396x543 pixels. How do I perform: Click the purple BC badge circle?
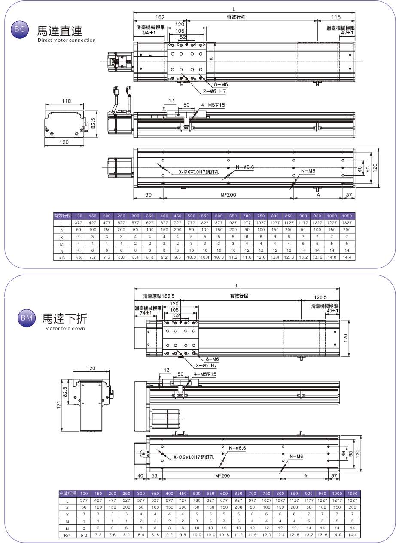[19, 30]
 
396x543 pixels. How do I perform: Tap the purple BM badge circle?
[24, 318]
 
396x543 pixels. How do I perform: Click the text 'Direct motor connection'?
[67, 40]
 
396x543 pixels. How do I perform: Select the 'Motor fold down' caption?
[65, 328]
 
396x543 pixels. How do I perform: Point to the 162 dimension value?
[160, 17]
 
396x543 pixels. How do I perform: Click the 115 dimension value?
[336, 17]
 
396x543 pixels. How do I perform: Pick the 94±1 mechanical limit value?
[148, 33]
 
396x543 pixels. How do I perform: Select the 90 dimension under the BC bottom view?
[148, 195]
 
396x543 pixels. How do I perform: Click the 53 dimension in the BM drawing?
[155, 476]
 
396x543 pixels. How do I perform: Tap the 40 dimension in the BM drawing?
[140, 476]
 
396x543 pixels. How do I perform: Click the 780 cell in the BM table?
[197, 501]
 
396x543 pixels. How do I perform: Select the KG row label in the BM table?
[67, 535]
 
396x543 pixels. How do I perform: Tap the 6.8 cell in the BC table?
[79, 257]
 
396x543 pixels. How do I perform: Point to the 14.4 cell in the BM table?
[352, 535]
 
